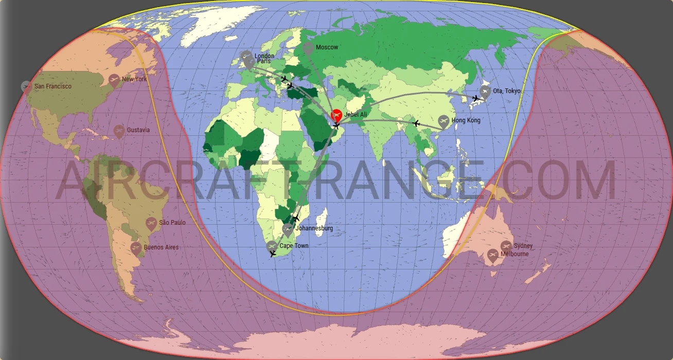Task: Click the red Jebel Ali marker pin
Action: pos(336,115)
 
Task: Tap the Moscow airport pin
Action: pos(308,48)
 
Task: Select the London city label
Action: pos(264,56)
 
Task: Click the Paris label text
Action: pos(263,61)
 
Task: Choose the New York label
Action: pos(134,79)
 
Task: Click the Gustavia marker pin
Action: pos(119,131)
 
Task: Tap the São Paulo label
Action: pos(172,223)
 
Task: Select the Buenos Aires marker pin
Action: pos(136,248)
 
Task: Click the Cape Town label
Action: pos(294,246)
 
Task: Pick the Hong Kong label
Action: pos(466,120)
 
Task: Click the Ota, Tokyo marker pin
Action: pos(485,92)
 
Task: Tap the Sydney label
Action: pos(523,246)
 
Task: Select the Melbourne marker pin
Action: pos(493,255)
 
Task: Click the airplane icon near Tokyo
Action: pos(476,98)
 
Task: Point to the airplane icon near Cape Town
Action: pos(273,254)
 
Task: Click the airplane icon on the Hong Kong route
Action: pos(416,123)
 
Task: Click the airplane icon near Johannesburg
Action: pos(296,219)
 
